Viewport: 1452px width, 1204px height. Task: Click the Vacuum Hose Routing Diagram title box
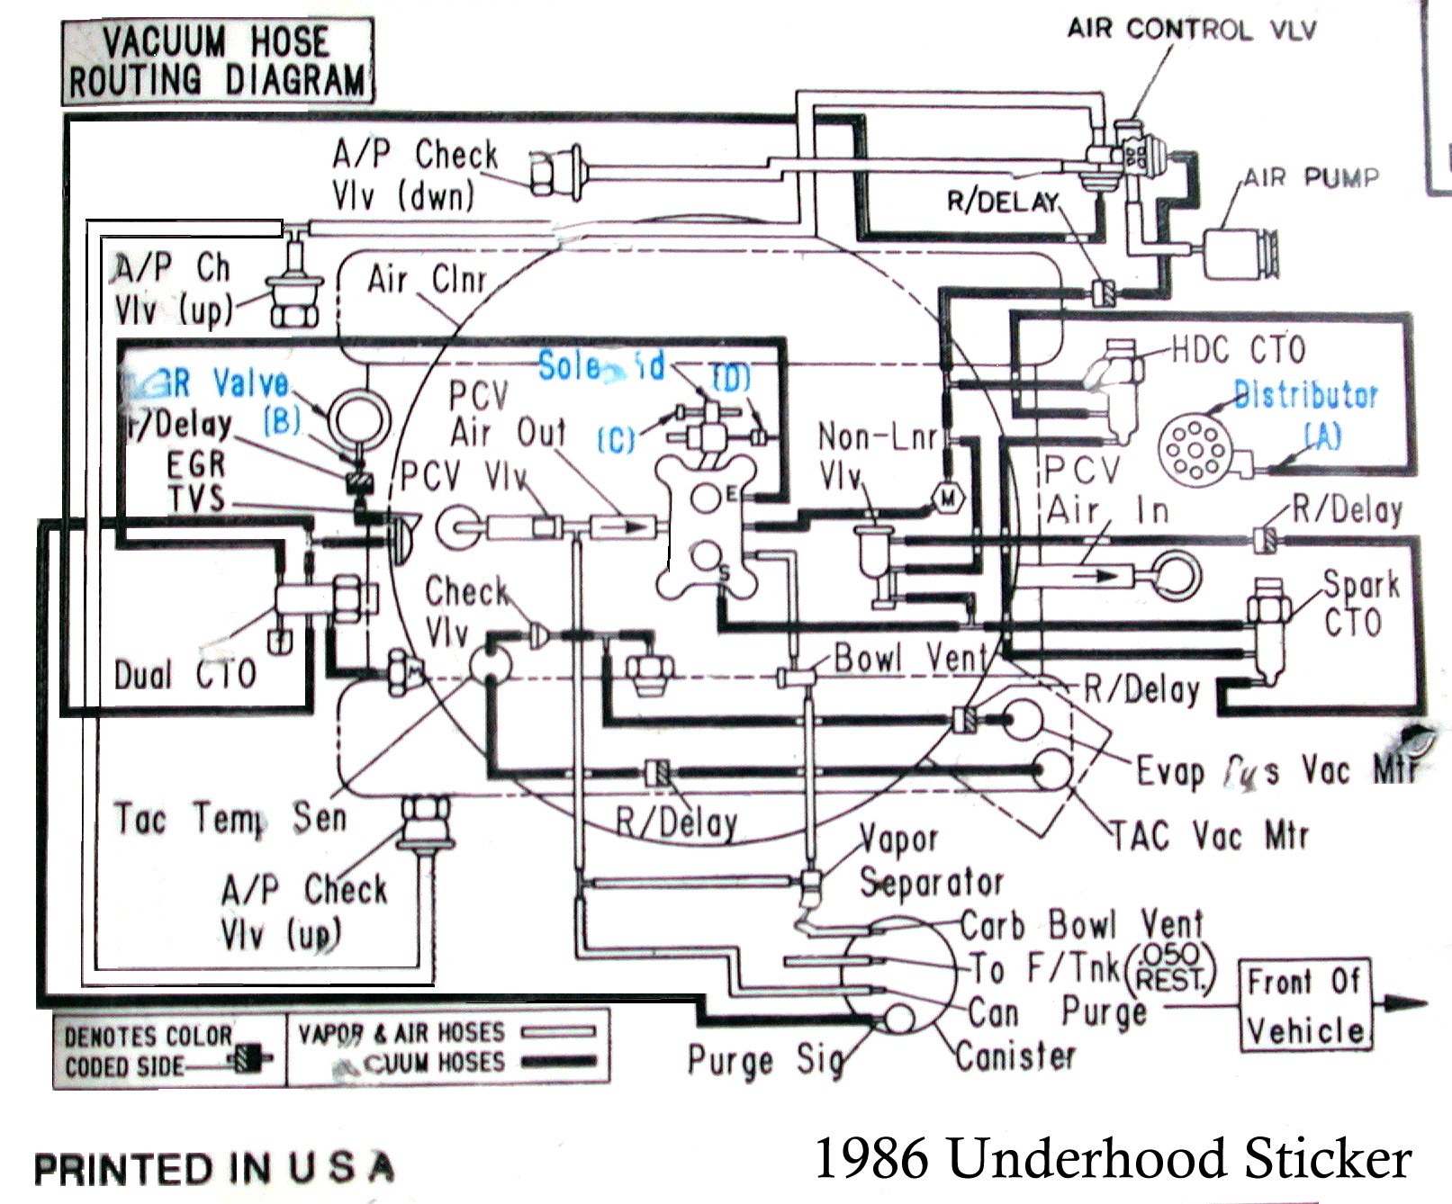tap(217, 60)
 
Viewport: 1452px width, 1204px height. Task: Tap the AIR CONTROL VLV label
tap(1191, 30)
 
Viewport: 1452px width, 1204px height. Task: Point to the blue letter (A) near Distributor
tap(1322, 436)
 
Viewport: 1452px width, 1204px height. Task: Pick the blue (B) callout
tap(282, 420)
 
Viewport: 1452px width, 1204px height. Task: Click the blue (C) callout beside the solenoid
tap(617, 440)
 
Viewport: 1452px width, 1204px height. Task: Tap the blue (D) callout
tap(730, 378)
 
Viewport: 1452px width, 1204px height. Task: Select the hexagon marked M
tap(947, 498)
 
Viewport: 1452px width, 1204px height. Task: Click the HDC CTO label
tap(1238, 350)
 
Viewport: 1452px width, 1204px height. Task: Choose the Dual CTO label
tap(185, 674)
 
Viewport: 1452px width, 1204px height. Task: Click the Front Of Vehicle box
tap(1304, 1004)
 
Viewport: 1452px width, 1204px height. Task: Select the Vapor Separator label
tap(930, 861)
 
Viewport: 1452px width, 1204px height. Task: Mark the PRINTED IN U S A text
tap(214, 1169)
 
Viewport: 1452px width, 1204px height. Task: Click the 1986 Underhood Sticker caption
tap(1112, 1158)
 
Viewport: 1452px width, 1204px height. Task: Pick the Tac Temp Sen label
tap(230, 819)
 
